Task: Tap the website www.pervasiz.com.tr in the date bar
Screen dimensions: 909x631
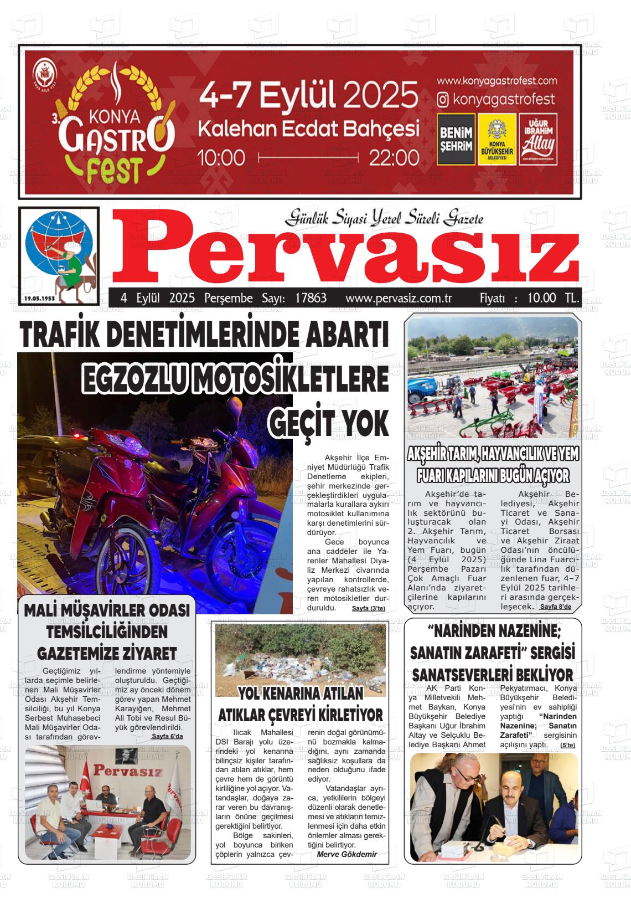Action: pos(399,298)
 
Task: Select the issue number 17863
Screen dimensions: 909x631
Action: pos(311,298)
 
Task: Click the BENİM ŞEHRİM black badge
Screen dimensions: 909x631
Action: pos(456,139)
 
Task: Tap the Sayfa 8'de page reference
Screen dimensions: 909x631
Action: pos(555,607)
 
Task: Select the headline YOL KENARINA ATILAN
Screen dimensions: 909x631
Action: pos(301,693)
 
